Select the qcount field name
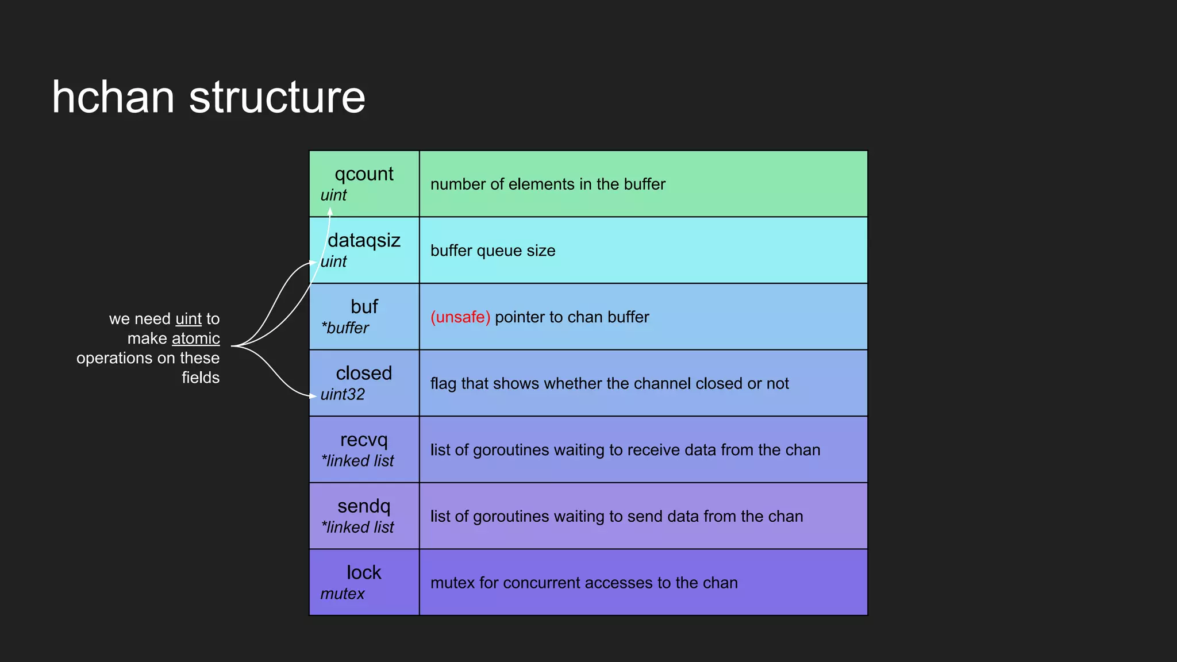point(364,174)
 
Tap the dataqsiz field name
point(364,240)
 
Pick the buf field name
point(364,306)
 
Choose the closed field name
point(364,373)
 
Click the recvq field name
point(364,440)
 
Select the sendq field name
point(364,506)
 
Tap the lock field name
point(364,572)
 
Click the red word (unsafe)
point(460,317)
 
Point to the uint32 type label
point(343,395)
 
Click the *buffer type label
point(345,328)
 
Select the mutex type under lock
point(343,594)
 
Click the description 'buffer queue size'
point(493,251)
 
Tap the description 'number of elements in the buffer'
point(548,184)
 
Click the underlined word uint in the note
point(189,319)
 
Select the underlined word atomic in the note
point(195,338)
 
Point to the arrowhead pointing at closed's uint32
point(313,396)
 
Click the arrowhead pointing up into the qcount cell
point(330,211)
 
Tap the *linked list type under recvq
point(357,461)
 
